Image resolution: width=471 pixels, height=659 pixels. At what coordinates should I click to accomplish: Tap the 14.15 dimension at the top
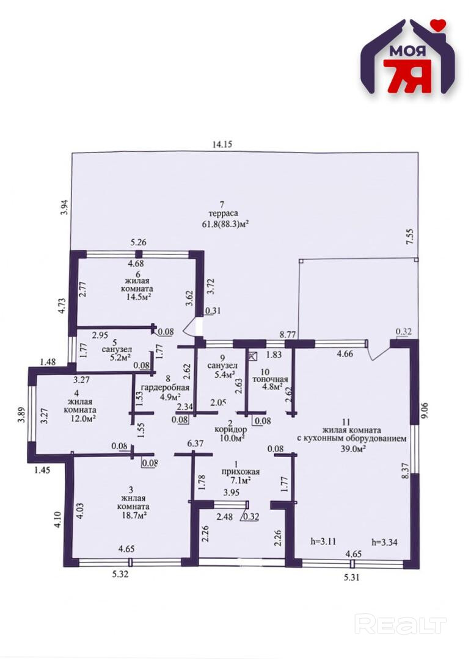(x=222, y=145)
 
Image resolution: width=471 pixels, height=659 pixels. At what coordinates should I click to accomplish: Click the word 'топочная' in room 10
(x=270, y=380)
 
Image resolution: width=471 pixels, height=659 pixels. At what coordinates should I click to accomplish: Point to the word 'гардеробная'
(x=165, y=388)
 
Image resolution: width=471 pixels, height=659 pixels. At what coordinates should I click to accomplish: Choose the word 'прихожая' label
(x=241, y=472)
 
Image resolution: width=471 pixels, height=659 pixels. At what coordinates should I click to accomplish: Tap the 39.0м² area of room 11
(x=352, y=448)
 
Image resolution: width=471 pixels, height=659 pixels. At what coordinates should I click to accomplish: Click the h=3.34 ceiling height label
(x=384, y=542)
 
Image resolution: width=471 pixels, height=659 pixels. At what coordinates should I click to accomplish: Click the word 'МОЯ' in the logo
(x=407, y=51)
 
